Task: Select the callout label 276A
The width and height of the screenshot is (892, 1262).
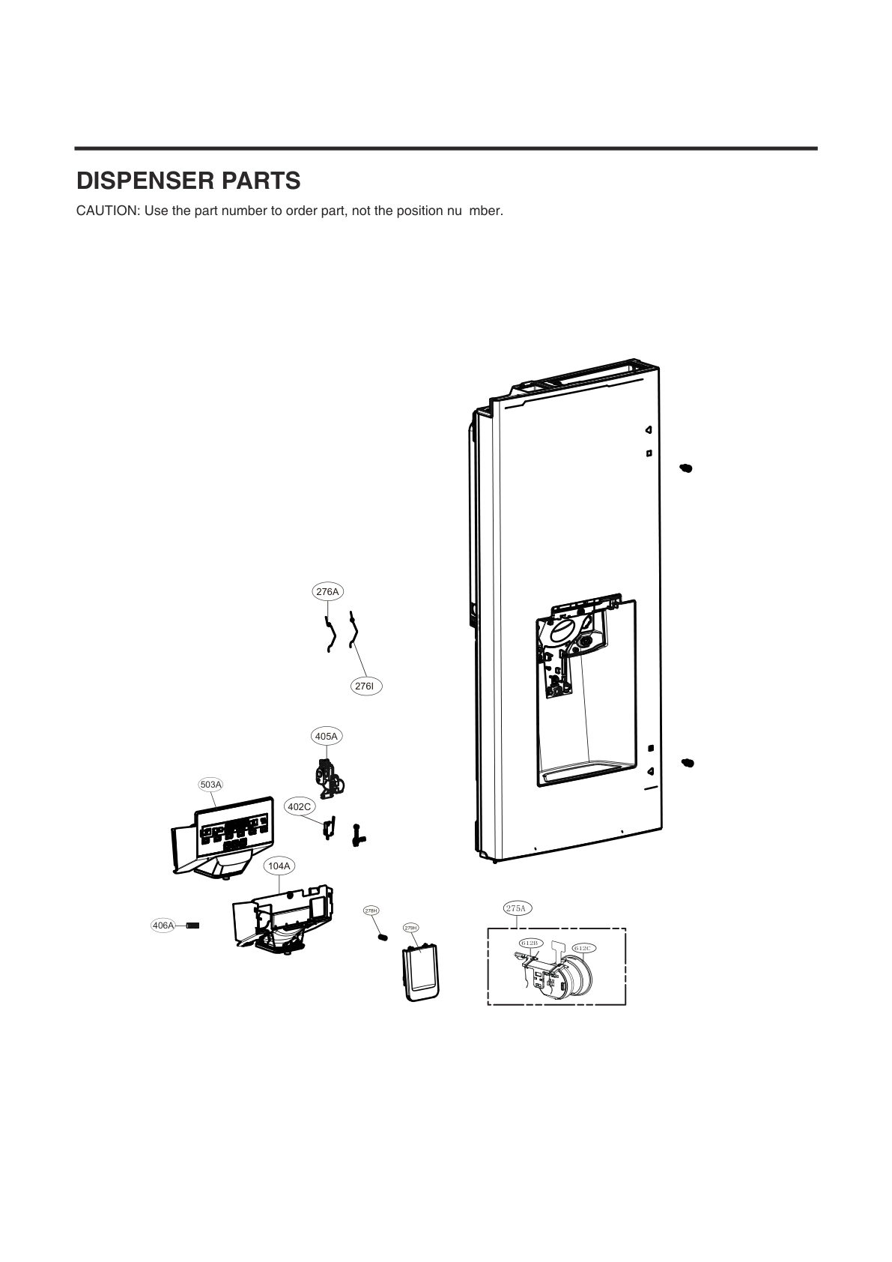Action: pos(327,592)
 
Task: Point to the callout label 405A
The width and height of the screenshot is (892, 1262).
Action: pos(327,737)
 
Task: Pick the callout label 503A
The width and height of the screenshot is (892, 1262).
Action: pos(211,785)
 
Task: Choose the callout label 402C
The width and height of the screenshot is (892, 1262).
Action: pos(300,807)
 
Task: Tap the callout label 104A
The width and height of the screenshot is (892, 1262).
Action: pos(279,866)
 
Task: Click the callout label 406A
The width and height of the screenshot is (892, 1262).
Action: pos(163,926)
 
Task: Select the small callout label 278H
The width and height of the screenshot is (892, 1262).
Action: pos(371,911)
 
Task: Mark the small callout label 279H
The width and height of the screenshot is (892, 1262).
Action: pos(410,928)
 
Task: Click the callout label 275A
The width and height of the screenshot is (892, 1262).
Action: pos(517,909)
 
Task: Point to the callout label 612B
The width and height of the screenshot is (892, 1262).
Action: pos(529,942)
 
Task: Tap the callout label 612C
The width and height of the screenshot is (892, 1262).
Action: pos(583,948)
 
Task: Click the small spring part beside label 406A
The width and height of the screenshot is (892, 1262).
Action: pos(192,926)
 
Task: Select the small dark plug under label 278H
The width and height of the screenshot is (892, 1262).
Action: pos(381,938)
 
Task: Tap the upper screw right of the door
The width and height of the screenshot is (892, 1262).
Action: pos(686,468)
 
